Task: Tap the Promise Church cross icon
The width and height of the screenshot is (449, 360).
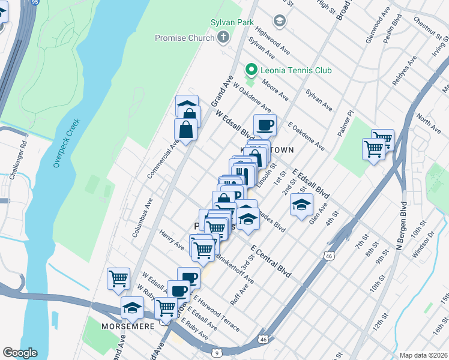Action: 223,38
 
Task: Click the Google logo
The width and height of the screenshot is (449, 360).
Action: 20,352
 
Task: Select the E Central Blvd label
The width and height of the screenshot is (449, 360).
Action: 270,261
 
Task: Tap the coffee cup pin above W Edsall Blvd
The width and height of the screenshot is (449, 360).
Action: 265,125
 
